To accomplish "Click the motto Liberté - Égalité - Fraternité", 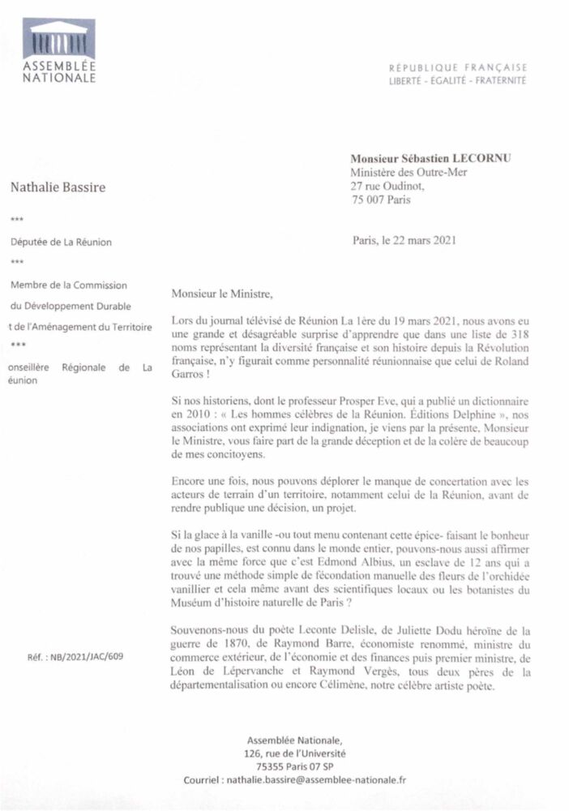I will click(x=458, y=81).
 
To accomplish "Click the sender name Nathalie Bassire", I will click(x=58, y=188).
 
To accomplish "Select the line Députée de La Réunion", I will click(x=62, y=242).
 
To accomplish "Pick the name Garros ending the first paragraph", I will click(x=191, y=366).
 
